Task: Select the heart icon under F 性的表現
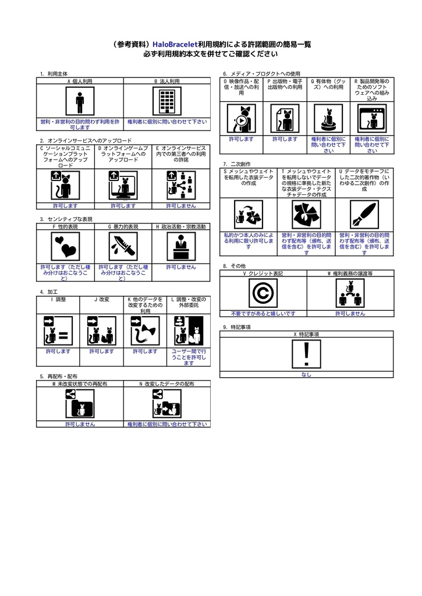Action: pos(65,247)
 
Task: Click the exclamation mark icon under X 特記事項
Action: pos(307,354)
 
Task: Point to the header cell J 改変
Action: pos(102,299)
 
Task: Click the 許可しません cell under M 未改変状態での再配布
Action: pos(80,424)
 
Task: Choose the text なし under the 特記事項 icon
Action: pos(307,375)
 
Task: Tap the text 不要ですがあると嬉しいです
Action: pos(263,313)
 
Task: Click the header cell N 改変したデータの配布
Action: pos(166,384)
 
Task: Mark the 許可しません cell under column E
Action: pos(180,206)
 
